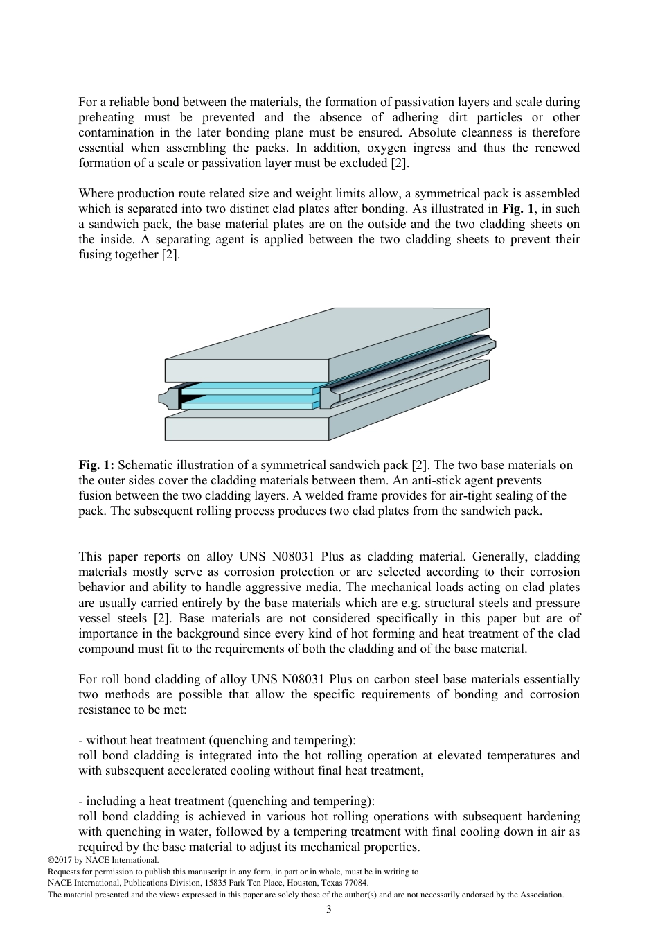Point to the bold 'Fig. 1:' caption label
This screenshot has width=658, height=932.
pos(96,466)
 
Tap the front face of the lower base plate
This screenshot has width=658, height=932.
pos(246,429)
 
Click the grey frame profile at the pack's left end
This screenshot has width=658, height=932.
pos(168,398)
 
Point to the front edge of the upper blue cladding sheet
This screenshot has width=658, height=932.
pos(246,392)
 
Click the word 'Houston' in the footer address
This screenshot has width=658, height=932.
pos(293,883)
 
